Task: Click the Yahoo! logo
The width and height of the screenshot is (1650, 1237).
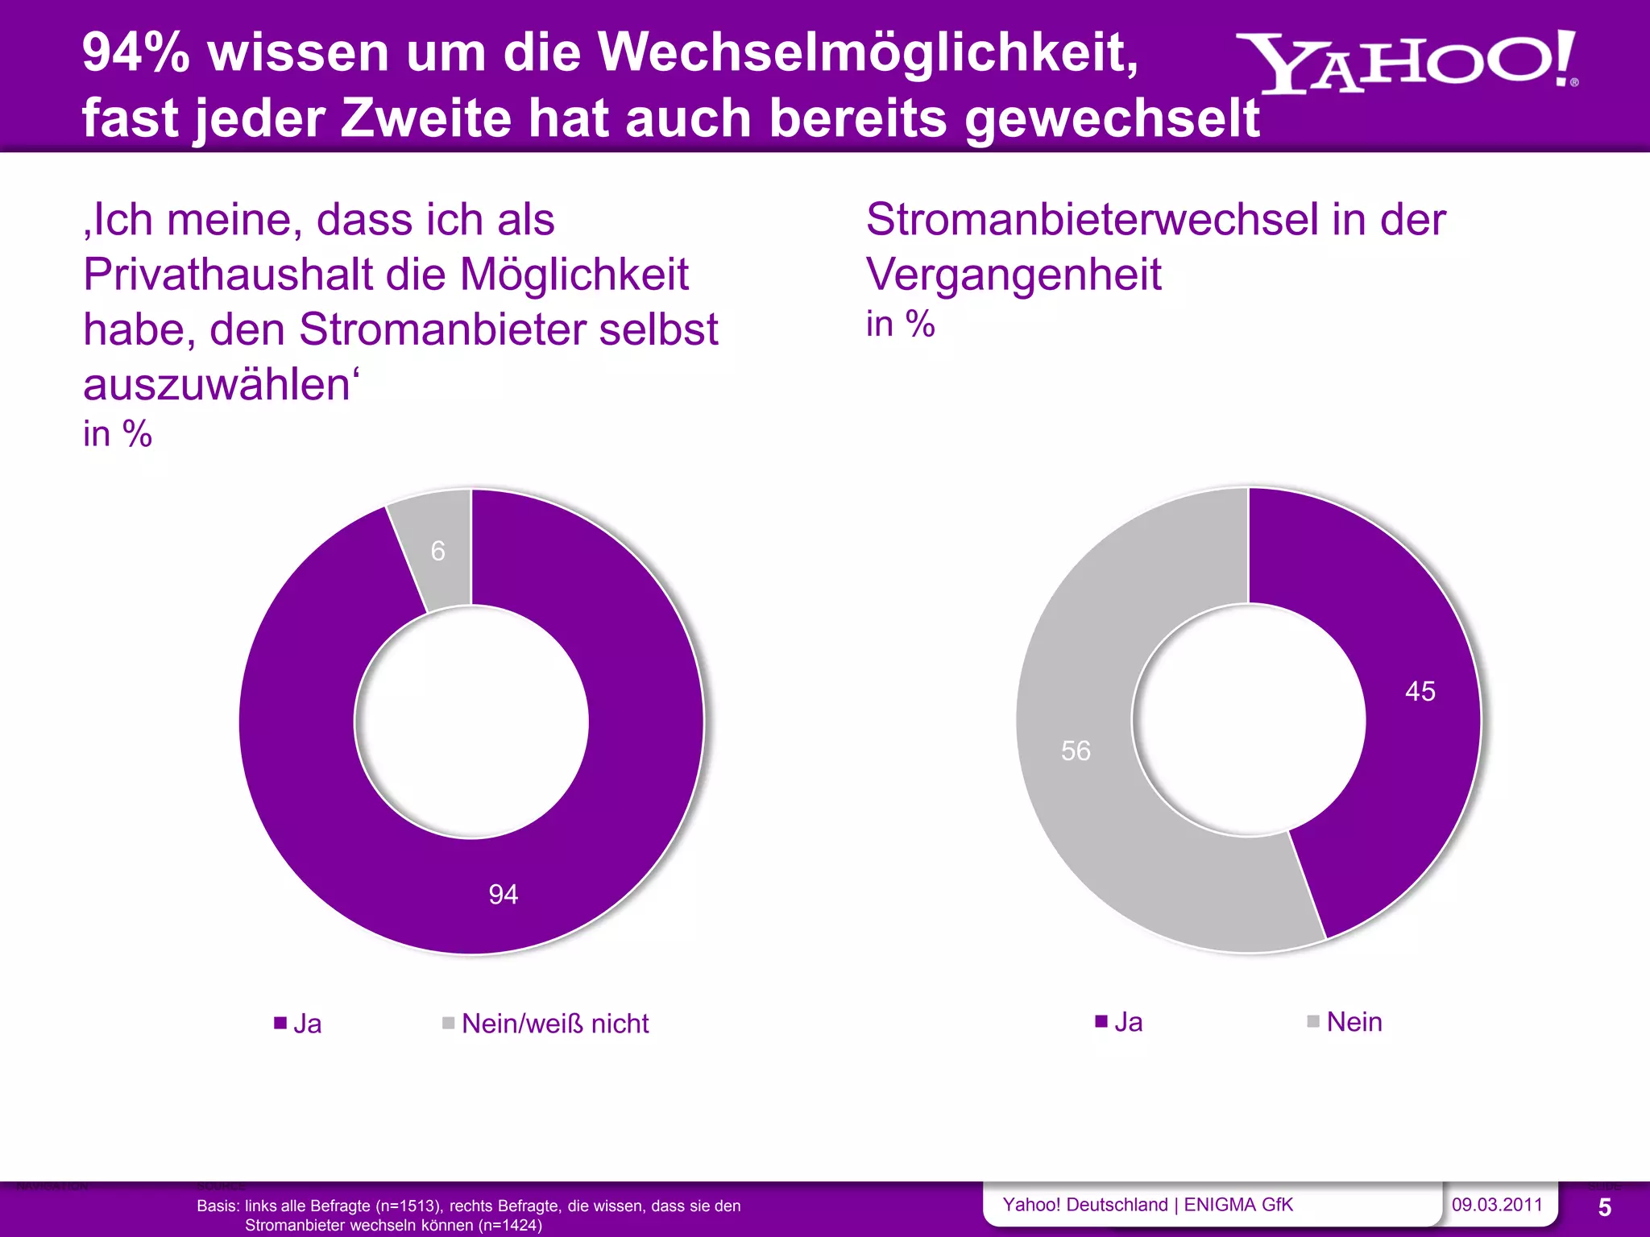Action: pyautogui.click(x=1406, y=63)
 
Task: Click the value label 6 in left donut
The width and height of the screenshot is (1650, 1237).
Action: pyautogui.click(x=437, y=551)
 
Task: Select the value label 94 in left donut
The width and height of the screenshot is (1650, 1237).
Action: pyautogui.click(x=504, y=894)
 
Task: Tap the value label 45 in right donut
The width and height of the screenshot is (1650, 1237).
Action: pyautogui.click(x=1420, y=691)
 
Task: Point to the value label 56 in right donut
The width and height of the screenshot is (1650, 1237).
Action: pyautogui.click(x=1076, y=751)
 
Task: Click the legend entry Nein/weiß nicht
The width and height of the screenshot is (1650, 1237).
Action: pyautogui.click(x=554, y=1024)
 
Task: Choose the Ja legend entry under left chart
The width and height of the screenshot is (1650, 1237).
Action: pyautogui.click(x=306, y=1024)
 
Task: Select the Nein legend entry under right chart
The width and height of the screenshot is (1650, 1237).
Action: pyautogui.click(x=1354, y=1022)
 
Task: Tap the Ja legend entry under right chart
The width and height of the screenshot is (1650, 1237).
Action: pyautogui.click(x=1127, y=1022)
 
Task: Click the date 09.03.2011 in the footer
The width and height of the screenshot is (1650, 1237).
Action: pyautogui.click(x=1496, y=1205)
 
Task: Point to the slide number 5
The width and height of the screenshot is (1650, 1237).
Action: pyautogui.click(x=1604, y=1207)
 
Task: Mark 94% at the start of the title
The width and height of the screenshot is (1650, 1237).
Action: pyautogui.click(x=135, y=53)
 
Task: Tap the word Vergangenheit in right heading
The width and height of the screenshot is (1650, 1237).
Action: pyautogui.click(x=1014, y=275)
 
